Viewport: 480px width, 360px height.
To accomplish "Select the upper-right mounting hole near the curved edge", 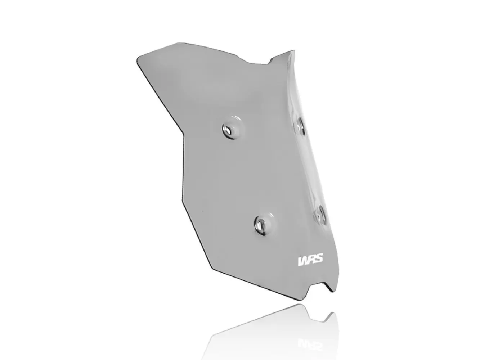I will [300, 126].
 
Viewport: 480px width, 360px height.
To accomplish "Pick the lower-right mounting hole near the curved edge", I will [320, 215].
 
